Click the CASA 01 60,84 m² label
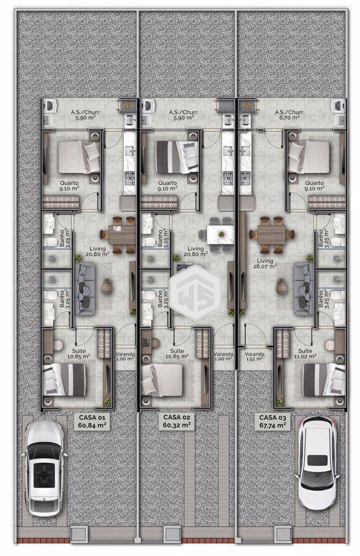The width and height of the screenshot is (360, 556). [92, 421]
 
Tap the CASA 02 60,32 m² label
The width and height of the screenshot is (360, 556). [177, 420]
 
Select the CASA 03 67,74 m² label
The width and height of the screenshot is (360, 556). [272, 421]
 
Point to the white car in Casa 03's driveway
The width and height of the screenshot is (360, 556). [317, 463]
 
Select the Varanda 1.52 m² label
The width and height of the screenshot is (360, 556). [255, 356]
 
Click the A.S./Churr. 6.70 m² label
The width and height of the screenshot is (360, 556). [286, 115]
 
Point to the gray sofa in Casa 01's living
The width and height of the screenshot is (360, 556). [85, 288]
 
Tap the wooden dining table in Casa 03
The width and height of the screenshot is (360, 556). [272, 235]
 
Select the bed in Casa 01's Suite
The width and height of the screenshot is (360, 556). [64, 379]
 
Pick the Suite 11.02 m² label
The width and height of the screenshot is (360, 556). [305, 353]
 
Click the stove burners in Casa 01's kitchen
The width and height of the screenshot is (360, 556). [129, 176]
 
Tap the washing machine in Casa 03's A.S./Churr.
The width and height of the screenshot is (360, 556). [337, 105]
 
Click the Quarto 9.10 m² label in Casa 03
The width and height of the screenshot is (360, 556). [315, 185]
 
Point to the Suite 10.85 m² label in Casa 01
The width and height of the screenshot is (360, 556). [79, 353]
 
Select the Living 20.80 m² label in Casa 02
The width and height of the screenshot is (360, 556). [196, 251]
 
